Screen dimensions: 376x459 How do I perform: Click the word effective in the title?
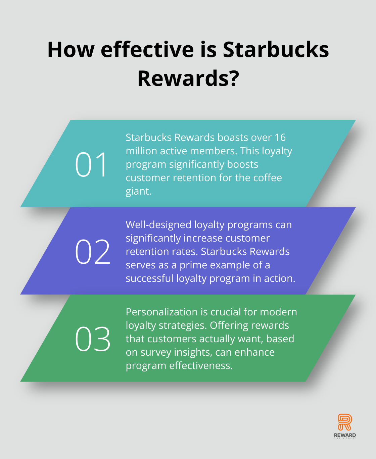pos(147,50)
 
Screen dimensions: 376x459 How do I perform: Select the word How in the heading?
pos(71,50)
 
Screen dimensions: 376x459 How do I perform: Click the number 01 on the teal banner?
pos(91,164)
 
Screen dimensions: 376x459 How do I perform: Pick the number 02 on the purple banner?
pos(93,251)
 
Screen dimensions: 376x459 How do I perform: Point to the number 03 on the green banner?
pos(93,339)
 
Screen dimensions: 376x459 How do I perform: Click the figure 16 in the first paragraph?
pos(280,138)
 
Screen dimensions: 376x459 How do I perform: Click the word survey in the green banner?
pos(156,352)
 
